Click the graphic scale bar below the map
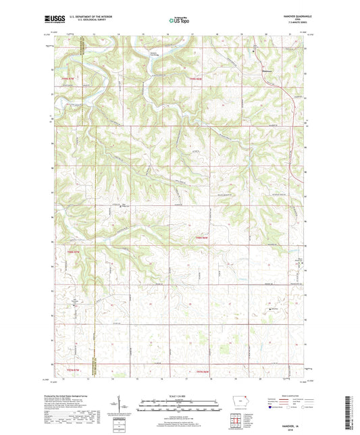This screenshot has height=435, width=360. coord(180,407)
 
